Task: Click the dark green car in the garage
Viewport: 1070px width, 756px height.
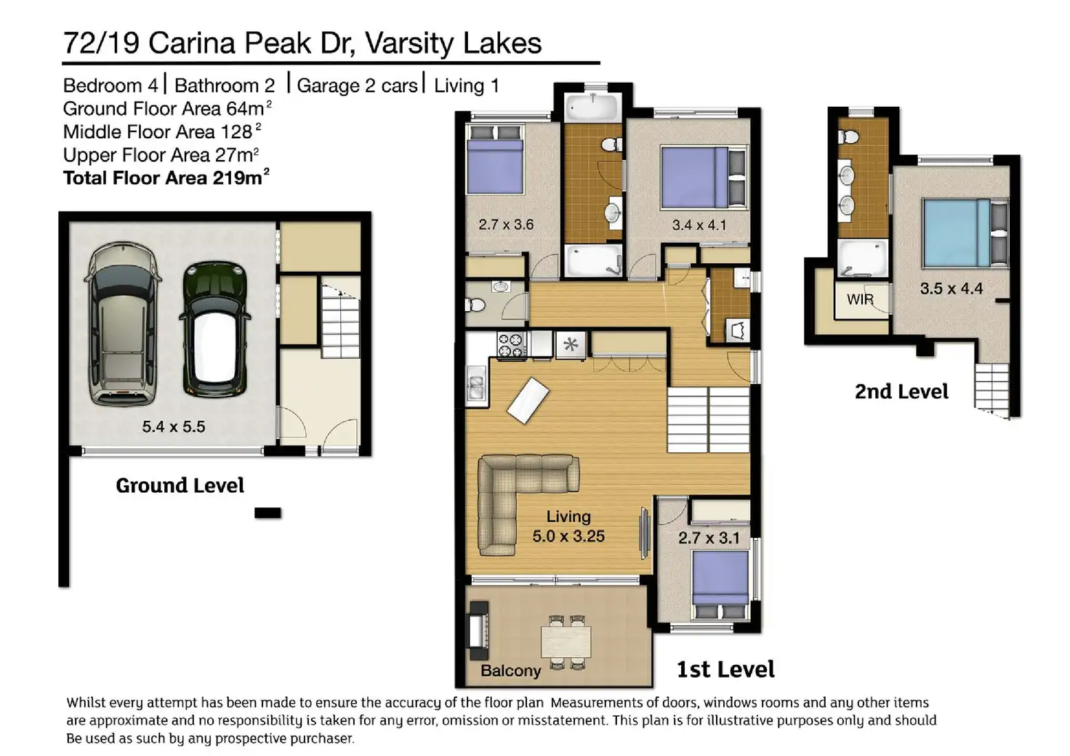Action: (x=214, y=329)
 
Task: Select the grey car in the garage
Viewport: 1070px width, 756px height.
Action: (x=123, y=325)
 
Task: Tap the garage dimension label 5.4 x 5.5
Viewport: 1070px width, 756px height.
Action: (x=174, y=427)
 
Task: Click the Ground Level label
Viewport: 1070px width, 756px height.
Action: (x=180, y=486)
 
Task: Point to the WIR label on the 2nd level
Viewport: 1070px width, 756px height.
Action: (x=861, y=299)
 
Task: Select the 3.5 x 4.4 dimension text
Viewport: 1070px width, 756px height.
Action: (x=952, y=289)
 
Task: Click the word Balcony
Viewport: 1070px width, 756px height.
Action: (x=510, y=670)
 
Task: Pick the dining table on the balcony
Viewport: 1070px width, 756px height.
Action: (x=566, y=642)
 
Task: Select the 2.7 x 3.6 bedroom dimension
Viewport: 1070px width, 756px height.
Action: (x=506, y=225)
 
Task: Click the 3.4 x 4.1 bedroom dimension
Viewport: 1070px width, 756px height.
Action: (x=699, y=225)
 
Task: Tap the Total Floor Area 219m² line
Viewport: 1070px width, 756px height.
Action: (x=166, y=177)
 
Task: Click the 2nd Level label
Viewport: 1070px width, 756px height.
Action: (x=901, y=392)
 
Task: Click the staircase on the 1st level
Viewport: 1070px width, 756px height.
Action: (x=708, y=419)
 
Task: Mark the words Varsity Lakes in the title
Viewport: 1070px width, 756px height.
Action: (x=454, y=43)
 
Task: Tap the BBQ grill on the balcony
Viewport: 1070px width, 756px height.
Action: (x=478, y=631)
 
